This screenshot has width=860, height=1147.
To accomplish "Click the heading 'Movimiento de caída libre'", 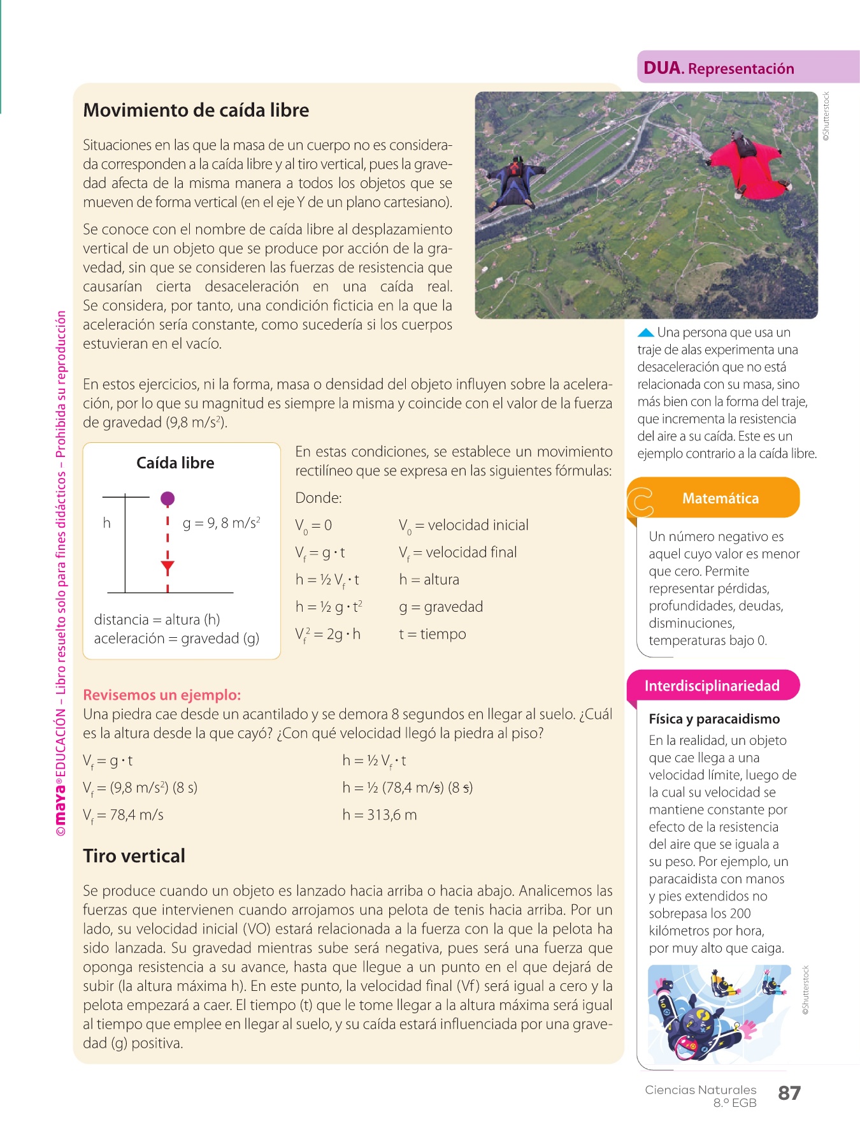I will point(196,110).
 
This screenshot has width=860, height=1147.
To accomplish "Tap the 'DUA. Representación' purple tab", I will point(719,68).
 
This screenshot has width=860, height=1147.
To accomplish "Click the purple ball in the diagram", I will point(168,498).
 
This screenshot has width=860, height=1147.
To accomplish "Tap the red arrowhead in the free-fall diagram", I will point(168,567).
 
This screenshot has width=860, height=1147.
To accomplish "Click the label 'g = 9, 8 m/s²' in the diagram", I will point(221,523).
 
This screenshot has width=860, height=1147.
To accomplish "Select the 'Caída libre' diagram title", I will point(175,463).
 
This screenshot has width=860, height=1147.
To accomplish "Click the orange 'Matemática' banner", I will point(720,498).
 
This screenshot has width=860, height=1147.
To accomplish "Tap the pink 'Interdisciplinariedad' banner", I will point(712,686).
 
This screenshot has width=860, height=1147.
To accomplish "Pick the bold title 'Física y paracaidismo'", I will point(714,719).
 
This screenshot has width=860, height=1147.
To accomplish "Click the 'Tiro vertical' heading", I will point(134,856).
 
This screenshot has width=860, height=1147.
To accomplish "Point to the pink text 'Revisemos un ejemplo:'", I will point(162,695).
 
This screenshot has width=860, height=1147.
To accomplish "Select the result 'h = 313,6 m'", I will point(379,815).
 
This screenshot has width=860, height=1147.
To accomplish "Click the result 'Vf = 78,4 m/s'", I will point(123,815).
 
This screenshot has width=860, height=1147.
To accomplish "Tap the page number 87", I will point(789,1093).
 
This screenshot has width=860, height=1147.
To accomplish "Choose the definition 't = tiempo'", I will point(433,634).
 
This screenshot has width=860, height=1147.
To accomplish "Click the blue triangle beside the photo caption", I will point(645,333).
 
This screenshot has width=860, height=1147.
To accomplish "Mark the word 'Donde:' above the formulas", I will point(319,498).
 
